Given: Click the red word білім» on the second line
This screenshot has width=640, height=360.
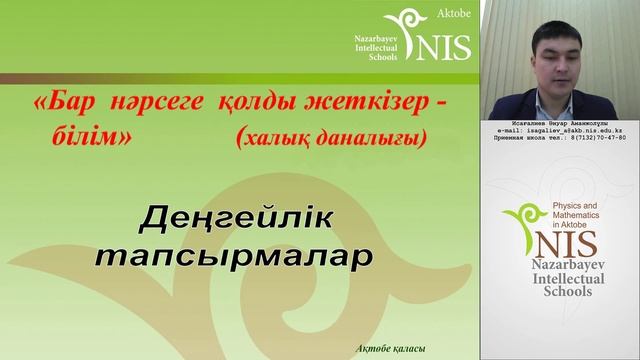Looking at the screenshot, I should coord(90,140).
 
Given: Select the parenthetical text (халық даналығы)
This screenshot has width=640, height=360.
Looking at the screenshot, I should coord(325,141).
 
